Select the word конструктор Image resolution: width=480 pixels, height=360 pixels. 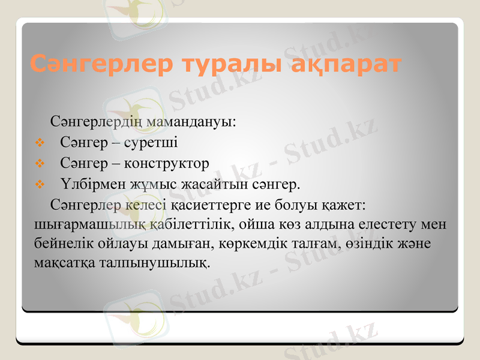tap(170, 163)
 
